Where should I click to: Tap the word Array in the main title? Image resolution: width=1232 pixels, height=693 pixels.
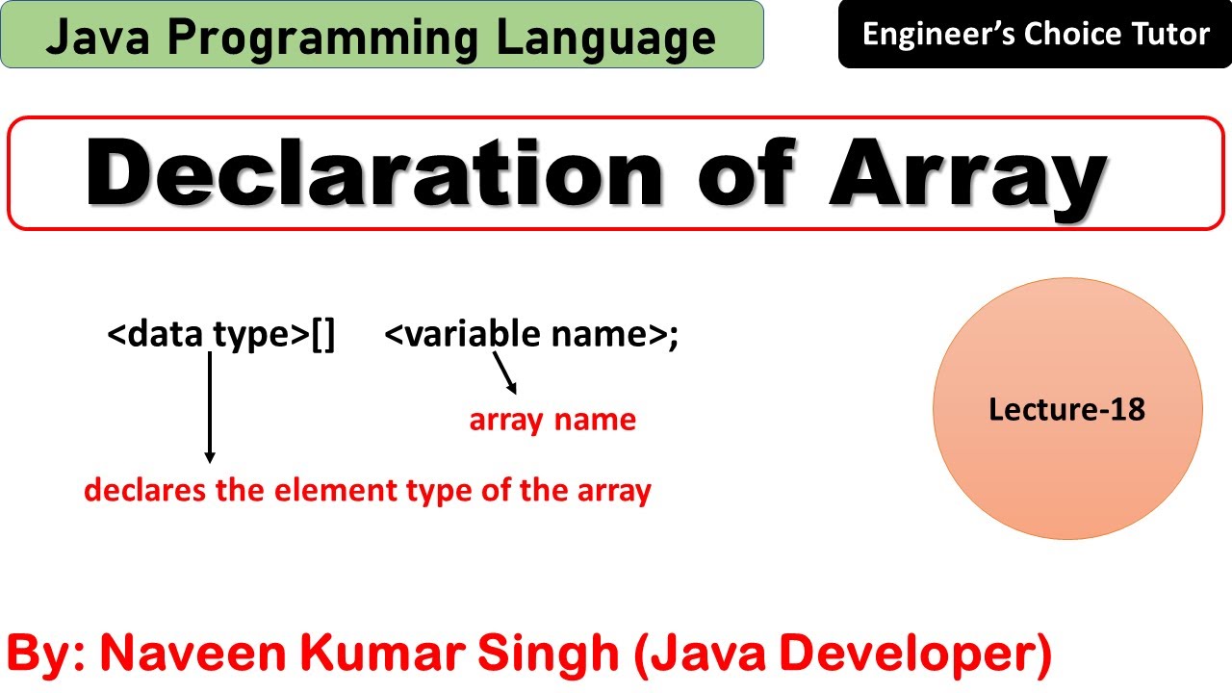pos(967,174)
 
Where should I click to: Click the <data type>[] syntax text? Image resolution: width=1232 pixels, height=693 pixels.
pos(221,335)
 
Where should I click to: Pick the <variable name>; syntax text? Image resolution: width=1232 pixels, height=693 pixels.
pos(531,335)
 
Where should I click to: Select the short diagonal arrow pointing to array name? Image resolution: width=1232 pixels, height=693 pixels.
pos(505,373)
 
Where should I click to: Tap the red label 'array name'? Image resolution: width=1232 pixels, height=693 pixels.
pos(552,421)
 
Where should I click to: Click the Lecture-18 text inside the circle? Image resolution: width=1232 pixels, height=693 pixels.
pos(1066,409)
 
